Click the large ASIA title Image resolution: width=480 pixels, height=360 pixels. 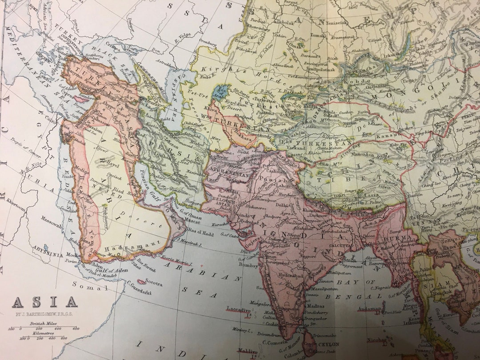tap(44, 302)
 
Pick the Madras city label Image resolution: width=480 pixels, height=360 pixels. tap(316, 306)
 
